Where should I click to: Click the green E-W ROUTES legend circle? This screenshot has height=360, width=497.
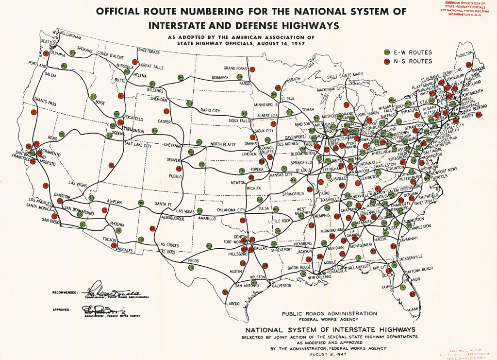coord(387,52)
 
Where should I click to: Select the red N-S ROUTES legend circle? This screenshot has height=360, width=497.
coord(387,61)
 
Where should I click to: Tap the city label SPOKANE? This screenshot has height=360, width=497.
coord(84,50)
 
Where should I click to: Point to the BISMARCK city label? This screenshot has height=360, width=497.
coord(223,77)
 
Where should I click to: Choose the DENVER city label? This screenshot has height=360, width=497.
coord(173,160)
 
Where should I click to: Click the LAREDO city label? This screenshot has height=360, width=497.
coord(233,304)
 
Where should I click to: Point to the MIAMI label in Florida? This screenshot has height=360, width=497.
coord(414,309)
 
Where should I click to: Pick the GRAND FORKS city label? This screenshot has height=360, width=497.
coord(235,68)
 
